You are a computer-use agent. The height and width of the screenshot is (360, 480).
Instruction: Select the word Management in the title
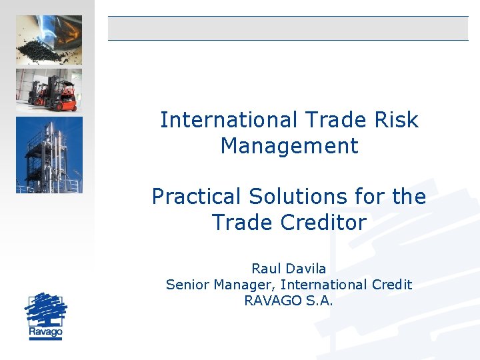tap(289, 145)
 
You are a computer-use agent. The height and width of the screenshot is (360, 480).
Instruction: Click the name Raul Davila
tap(289, 269)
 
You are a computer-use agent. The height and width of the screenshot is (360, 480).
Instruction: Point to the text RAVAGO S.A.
tap(289, 301)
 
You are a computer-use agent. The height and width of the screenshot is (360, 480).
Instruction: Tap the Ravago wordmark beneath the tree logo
tap(45, 331)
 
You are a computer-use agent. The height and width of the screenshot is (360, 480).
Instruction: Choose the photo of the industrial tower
tap(49, 155)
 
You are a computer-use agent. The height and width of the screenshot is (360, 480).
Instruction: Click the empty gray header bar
tap(288, 28)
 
